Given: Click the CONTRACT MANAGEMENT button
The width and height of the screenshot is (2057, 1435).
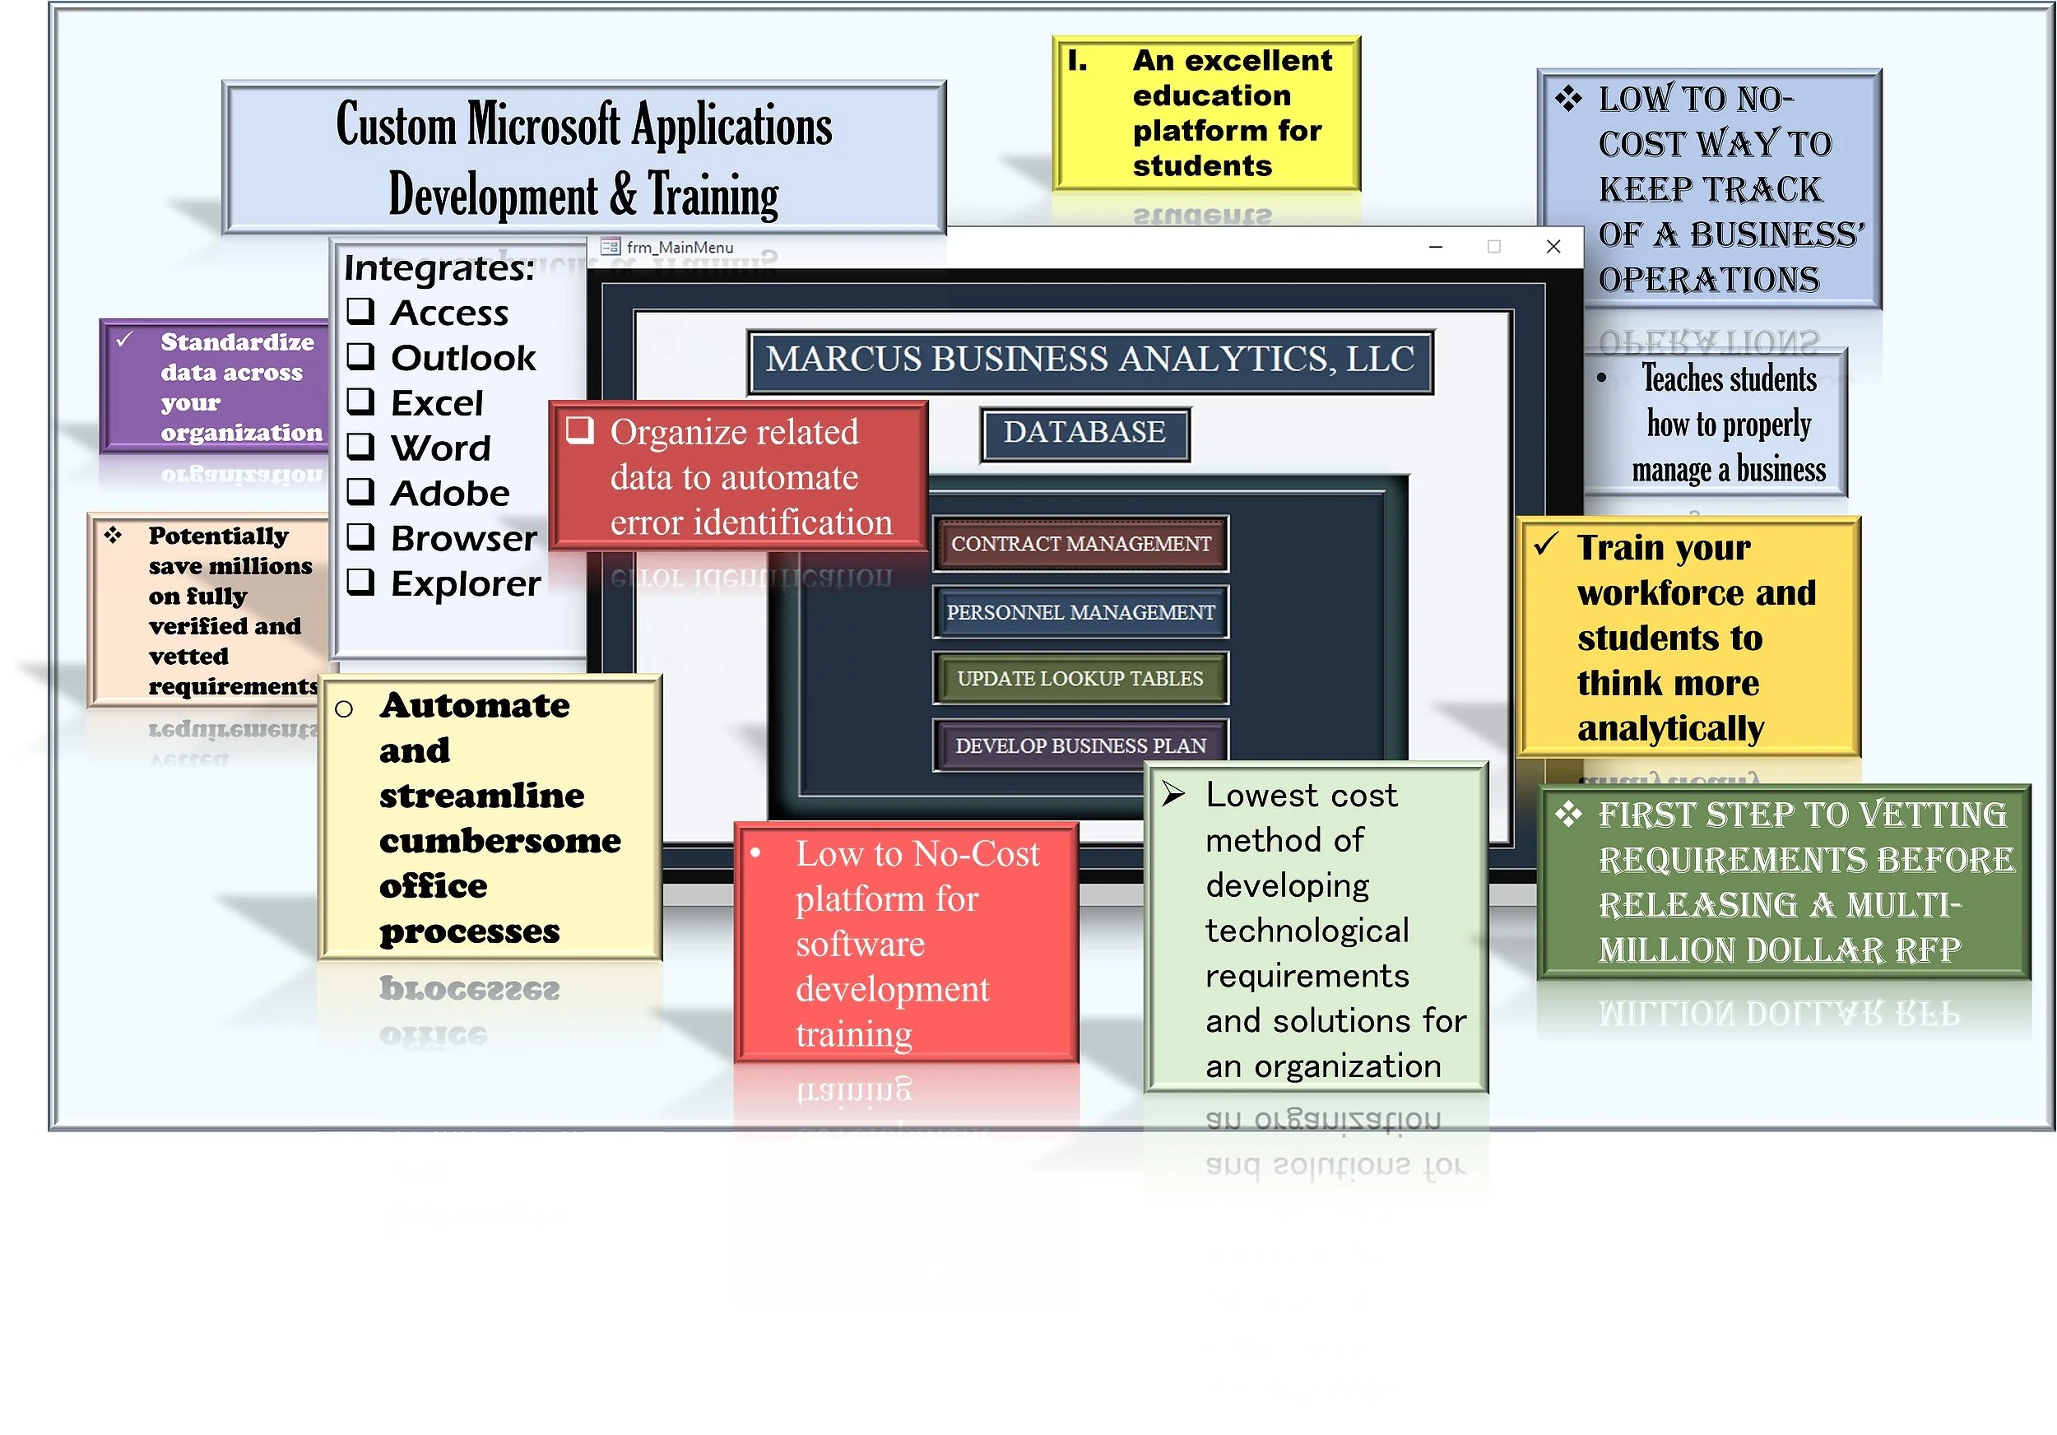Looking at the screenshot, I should (x=1080, y=544).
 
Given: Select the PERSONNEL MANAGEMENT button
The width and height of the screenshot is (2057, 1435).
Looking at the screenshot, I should (x=1080, y=613).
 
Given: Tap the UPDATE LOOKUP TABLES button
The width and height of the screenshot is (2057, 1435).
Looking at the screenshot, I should (x=1080, y=679).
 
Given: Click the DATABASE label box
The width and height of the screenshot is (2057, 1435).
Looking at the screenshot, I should (x=1085, y=434).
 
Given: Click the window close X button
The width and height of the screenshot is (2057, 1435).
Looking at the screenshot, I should (x=1553, y=246).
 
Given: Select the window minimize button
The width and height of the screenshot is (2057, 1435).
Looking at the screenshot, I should (x=1436, y=246).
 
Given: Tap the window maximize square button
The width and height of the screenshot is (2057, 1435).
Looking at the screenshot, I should (x=1493, y=246).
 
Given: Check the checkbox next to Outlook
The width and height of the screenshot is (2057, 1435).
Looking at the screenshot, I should (x=360, y=356).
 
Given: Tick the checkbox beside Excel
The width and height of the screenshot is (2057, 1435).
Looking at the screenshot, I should (x=360, y=402).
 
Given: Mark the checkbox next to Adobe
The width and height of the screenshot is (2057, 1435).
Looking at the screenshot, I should (x=360, y=492).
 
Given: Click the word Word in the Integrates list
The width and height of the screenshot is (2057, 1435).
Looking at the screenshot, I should (x=441, y=448).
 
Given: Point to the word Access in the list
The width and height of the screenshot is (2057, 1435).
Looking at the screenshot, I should (x=450, y=313).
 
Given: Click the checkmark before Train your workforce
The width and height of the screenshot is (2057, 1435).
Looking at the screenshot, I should (x=1546, y=544).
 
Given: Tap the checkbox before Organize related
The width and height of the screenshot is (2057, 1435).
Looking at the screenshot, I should (x=579, y=431).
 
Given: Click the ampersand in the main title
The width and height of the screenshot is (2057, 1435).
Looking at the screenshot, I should (x=624, y=194).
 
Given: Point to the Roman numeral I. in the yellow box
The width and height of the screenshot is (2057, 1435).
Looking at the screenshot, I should (x=1078, y=61).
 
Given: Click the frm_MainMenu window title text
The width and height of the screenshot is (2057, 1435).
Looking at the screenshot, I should (x=680, y=247).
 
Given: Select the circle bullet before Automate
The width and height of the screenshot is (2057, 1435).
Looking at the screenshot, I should (x=344, y=709).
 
